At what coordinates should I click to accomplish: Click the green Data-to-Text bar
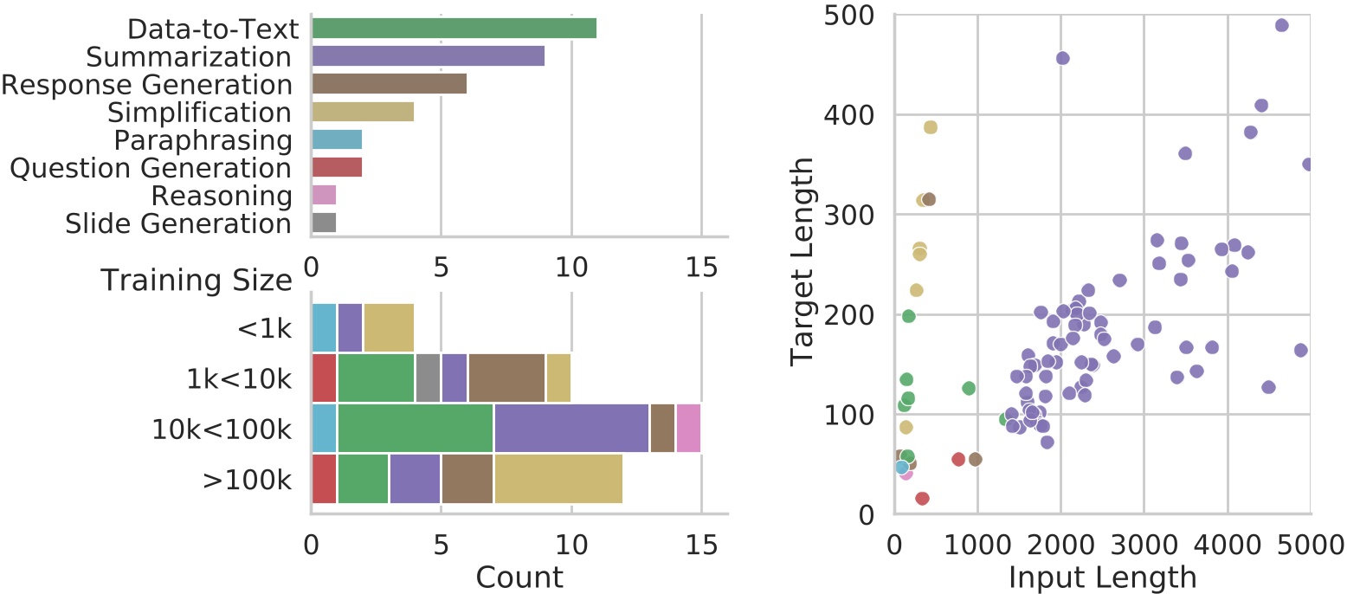tap(454, 29)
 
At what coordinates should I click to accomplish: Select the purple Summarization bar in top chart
tap(428, 56)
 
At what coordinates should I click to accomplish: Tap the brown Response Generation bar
tap(389, 84)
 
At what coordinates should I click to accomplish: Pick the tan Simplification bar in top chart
tap(363, 112)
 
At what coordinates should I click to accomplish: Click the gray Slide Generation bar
tap(324, 223)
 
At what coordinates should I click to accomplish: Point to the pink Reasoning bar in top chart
tap(324, 195)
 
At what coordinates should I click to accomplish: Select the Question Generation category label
tap(150, 168)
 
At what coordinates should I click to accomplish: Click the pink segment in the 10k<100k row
tap(688, 428)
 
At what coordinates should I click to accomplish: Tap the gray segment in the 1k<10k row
tap(428, 378)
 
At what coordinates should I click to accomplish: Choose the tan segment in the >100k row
tap(558, 478)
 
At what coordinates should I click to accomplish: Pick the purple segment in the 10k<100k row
tap(571, 428)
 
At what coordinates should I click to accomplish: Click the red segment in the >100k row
tap(324, 478)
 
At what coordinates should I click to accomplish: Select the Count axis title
tap(519, 576)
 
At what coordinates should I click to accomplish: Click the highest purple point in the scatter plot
tap(1282, 25)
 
